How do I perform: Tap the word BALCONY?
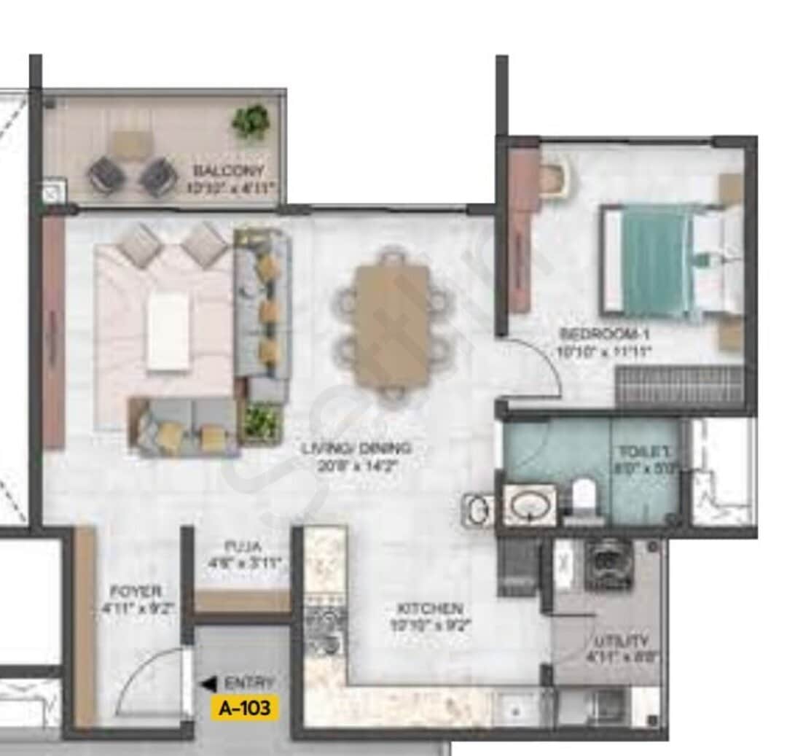pyautogui.click(x=218, y=172)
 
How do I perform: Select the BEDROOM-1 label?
pyautogui.click(x=604, y=335)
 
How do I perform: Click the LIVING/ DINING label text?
pyautogui.click(x=356, y=448)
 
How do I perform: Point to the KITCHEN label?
pyautogui.click(x=430, y=608)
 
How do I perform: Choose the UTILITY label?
pyautogui.click(x=621, y=642)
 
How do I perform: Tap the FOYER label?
pyautogui.click(x=136, y=591)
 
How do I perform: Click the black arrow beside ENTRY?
pyautogui.click(x=208, y=684)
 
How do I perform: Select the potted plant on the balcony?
pyautogui.click(x=251, y=121)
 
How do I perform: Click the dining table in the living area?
pyautogui.click(x=392, y=324)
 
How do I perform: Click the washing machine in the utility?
pyautogui.click(x=608, y=564)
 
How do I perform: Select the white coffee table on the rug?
pyautogui.click(x=168, y=332)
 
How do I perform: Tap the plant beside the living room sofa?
pyautogui.click(x=261, y=421)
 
